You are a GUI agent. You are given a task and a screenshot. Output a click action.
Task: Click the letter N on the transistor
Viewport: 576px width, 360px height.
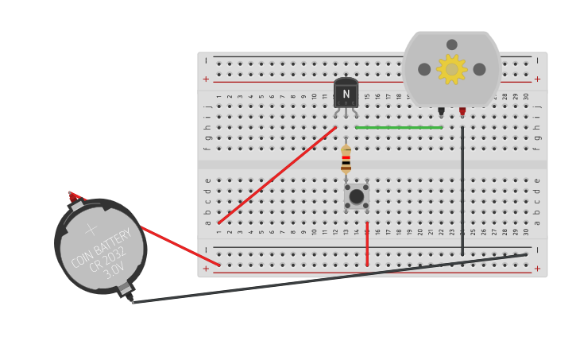pos(346,94)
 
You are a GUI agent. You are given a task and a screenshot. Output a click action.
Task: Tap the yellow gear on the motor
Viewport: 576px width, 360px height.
pos(452,69)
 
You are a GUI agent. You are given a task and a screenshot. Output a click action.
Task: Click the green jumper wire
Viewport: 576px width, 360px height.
pos(399,127)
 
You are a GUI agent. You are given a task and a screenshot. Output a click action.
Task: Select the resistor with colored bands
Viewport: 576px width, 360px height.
pos(346,159)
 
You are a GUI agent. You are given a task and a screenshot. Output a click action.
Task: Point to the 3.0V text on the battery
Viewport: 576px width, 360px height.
pos(114,269)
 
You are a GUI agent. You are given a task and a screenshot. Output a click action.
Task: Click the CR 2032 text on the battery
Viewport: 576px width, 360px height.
pos(106,260)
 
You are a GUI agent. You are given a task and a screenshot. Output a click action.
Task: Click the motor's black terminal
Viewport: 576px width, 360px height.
pos(441,111)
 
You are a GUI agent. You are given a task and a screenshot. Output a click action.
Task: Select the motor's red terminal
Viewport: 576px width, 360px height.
pos(462,111)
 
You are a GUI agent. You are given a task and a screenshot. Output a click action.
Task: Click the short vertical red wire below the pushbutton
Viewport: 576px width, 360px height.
pos(367,244)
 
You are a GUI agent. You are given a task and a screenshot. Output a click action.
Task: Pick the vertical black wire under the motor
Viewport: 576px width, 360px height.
pos(462,191)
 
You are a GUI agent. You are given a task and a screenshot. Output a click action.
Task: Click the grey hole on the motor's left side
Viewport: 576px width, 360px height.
pos(424,69)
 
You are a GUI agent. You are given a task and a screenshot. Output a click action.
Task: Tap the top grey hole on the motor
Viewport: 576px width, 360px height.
pos(452,45)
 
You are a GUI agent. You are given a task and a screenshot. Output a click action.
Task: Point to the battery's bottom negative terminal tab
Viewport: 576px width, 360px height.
pos(126,292)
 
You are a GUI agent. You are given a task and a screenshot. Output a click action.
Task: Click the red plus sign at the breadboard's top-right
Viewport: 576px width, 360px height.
pos(537,79)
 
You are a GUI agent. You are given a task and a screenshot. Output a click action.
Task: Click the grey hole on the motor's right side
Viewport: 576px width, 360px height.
pos(479,69)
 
